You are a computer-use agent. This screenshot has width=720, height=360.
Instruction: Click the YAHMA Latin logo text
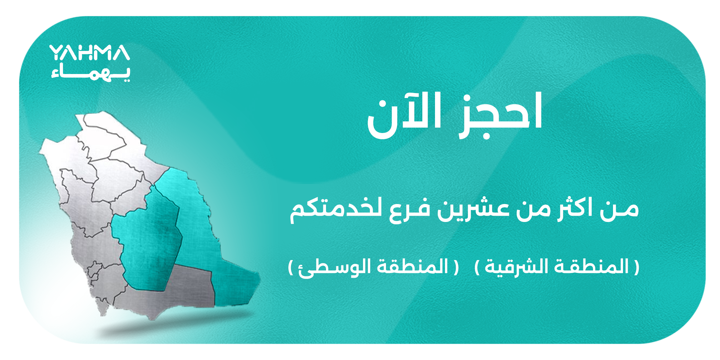pyautogui.click(x=90, y=53)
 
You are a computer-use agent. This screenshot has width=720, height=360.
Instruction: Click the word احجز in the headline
pyautogui.click(x=500, y=115)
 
